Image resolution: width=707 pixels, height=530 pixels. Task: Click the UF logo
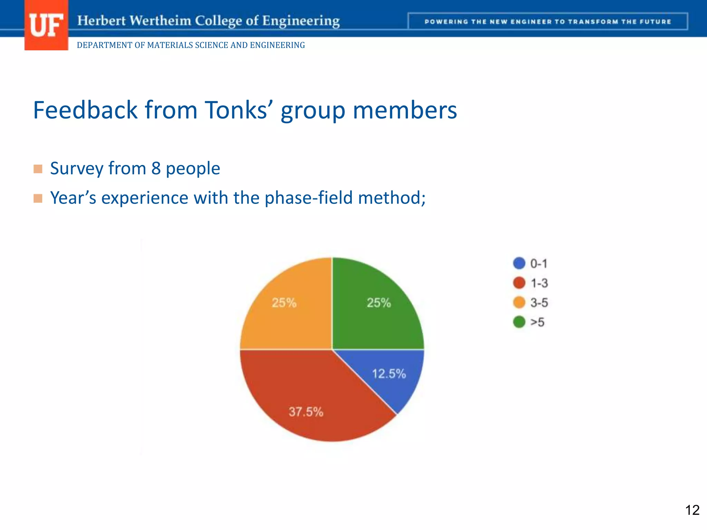(46, 25)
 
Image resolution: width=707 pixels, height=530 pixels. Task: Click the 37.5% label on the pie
(306, 412)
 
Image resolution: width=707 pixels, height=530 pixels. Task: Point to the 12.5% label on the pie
(389, 374)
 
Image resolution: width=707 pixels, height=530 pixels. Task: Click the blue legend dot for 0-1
(519, 263)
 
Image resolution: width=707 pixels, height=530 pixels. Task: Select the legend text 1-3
(539, 283)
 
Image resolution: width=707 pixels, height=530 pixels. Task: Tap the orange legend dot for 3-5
(519, 303)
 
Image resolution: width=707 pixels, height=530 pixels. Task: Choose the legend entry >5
(537, 322)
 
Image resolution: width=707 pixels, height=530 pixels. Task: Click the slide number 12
(692, 510)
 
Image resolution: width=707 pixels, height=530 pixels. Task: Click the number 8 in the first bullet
(156, 169)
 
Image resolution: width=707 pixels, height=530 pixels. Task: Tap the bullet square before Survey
(38, 169)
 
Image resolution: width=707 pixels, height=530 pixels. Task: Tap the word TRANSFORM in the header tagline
(593, 22)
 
